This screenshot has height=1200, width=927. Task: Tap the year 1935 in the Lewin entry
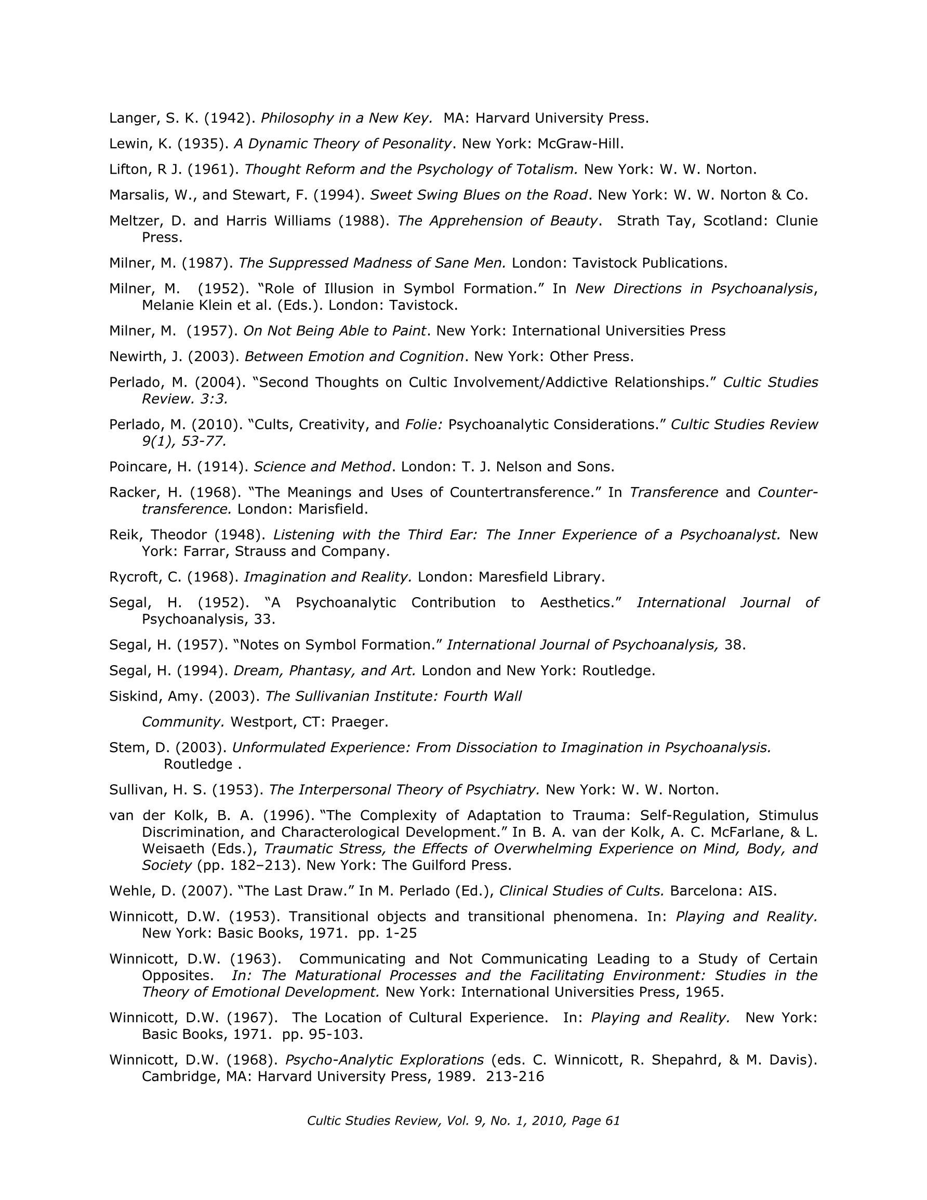tap(203, 144)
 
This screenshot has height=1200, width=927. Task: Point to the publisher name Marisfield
tap(333, 509)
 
